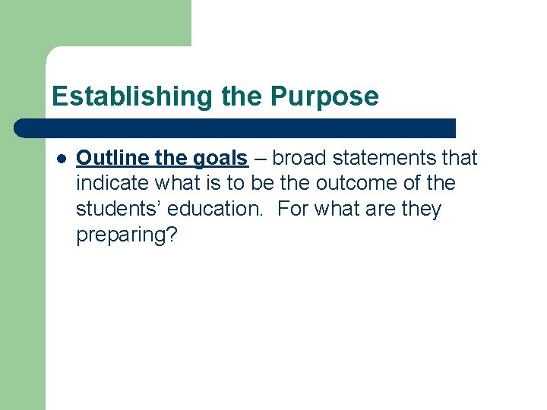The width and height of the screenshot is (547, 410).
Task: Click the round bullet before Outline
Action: point(60,159)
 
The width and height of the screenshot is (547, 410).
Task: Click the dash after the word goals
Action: point(260,159)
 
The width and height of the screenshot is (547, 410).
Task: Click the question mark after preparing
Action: point(172,234)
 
